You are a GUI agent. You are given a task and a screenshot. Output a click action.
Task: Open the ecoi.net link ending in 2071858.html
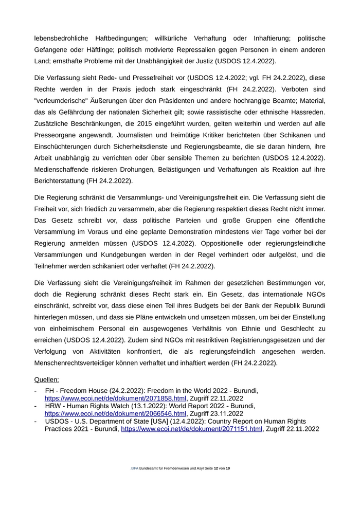pos(115,398)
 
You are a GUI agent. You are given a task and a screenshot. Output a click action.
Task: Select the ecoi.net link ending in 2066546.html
pos(115,413)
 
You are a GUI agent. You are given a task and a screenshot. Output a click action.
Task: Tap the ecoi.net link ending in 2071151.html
pos(191,429)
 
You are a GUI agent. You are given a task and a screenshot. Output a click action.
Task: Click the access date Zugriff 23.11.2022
pos(216,413)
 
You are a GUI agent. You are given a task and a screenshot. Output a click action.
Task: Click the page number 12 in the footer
pos(216,469)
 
